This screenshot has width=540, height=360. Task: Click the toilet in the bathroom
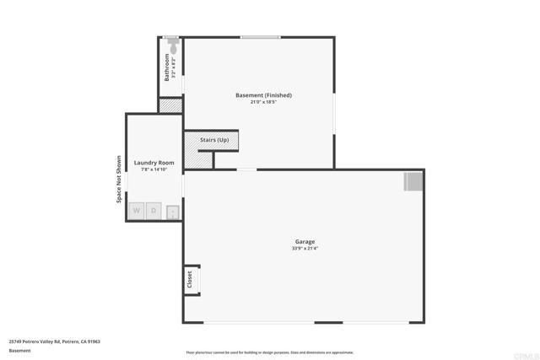tap(171, 41)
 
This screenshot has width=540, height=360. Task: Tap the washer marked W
tap(136, 211)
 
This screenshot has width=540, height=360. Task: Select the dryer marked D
tap(154, 211)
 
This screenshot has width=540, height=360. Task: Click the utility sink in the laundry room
tap(172, 212)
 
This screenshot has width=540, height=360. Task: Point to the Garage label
tap(305, 241)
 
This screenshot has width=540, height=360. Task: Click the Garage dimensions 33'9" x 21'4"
tap(305, 249)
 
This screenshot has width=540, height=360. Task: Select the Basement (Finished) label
tap(263, 95)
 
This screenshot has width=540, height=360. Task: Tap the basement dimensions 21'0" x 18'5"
tap(263, 103)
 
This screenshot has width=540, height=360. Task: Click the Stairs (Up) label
tap(213, 140)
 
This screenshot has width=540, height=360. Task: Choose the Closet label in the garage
tap(190, 279)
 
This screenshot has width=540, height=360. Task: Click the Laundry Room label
tap(154, 162)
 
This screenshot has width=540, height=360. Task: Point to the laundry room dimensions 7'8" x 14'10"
tap(154, 169)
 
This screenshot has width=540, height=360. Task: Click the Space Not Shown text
tap(119, 179)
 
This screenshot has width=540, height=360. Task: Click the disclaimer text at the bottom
tap(269, 352)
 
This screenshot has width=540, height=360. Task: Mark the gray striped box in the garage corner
tap(413, 181)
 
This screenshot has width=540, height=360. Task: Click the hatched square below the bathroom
tap(170, 105)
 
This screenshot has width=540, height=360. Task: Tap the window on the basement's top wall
tap(260, 37)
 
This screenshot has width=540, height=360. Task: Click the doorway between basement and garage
tap(246, 169)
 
